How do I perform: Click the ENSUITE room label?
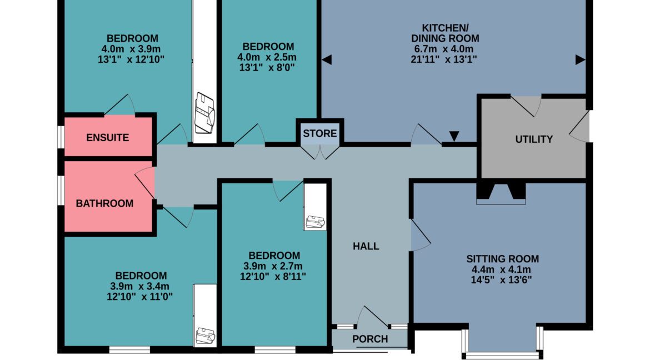point(107,137)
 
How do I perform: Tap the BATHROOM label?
point(104,203)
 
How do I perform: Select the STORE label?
point(319,133)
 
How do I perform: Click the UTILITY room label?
point(534,139)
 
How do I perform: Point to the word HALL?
point(366,246)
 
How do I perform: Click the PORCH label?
point(370,339)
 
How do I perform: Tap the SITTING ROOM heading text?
point(502,259)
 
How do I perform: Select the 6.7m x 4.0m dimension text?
point(444,49)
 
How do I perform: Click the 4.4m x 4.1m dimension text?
point(502,269)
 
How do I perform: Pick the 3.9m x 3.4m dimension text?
point(139,286)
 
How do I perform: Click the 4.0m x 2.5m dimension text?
point(267,57)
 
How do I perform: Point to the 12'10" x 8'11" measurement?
point(273,276)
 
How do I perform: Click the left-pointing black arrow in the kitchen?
point(327,60)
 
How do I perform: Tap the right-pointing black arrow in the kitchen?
point(581,60)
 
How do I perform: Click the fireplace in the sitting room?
point(501,194)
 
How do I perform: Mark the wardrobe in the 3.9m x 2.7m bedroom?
point(315,207)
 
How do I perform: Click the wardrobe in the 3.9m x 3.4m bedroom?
point(205,315)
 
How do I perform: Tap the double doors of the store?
point(319,152)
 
